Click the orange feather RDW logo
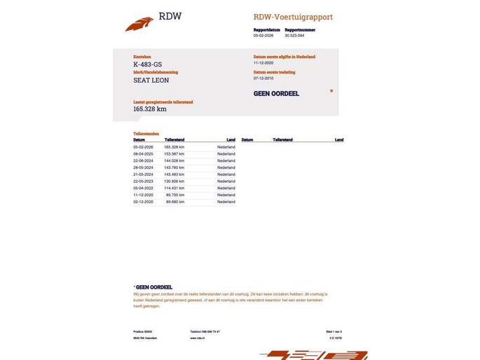tap(139, 24)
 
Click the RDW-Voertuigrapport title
tap(293, 17)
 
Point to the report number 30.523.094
tap(299, 35)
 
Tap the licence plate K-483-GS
tap(147, 64)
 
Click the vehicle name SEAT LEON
tap(151, 81)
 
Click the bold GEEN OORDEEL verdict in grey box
tap(276, 93)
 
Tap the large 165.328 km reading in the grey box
tap(150, 109)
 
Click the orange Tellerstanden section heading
tap(146, 133)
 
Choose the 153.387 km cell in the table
tap(174, 153)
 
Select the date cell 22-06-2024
tap(143, 160)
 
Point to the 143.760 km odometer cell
tap(174, 167)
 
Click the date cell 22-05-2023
tap(143, 181)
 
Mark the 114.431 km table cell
tap(174, 188)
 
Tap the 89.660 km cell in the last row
tap(174, 202)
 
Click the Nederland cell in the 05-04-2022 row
tap(226, 188)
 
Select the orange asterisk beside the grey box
tap(331, 91)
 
